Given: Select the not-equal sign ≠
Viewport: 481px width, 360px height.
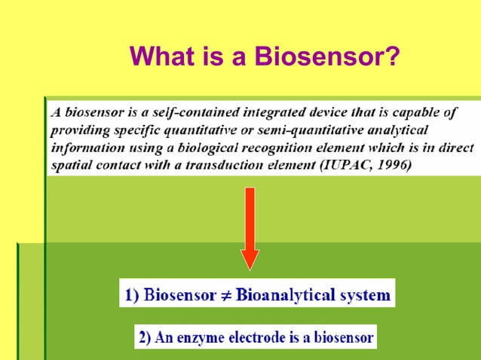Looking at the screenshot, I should (x=225, y=294).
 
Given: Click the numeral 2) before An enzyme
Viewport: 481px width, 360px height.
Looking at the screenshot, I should (x=146, y=337).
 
